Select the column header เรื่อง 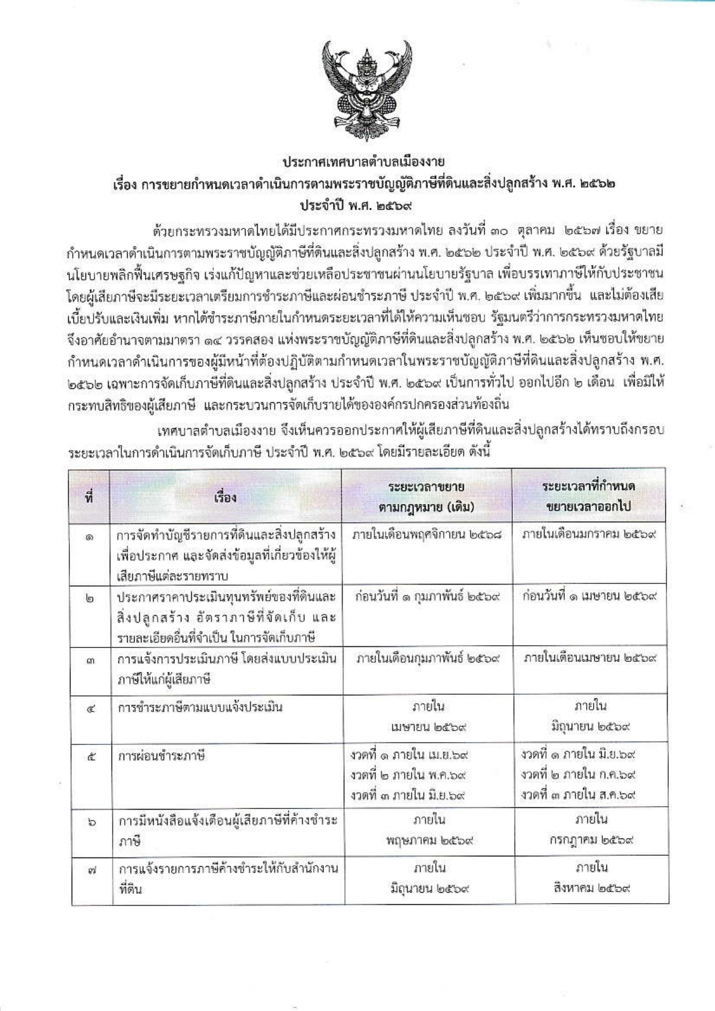tap(225, 497)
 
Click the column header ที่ tap(90, 497)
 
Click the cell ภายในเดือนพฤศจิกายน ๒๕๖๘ tap(427, 534)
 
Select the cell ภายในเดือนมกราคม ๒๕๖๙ tap(590, 534)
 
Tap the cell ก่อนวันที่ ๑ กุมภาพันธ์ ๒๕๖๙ tap(427, 596)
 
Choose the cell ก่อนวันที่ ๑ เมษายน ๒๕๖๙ tap(590, 596)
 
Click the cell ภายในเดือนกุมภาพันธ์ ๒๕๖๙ tap(428, 658)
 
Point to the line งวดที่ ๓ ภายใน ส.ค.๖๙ tap(578, 795)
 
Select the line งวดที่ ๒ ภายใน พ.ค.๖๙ tap(409, 775)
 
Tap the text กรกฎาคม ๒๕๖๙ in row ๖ tap(591, 840)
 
